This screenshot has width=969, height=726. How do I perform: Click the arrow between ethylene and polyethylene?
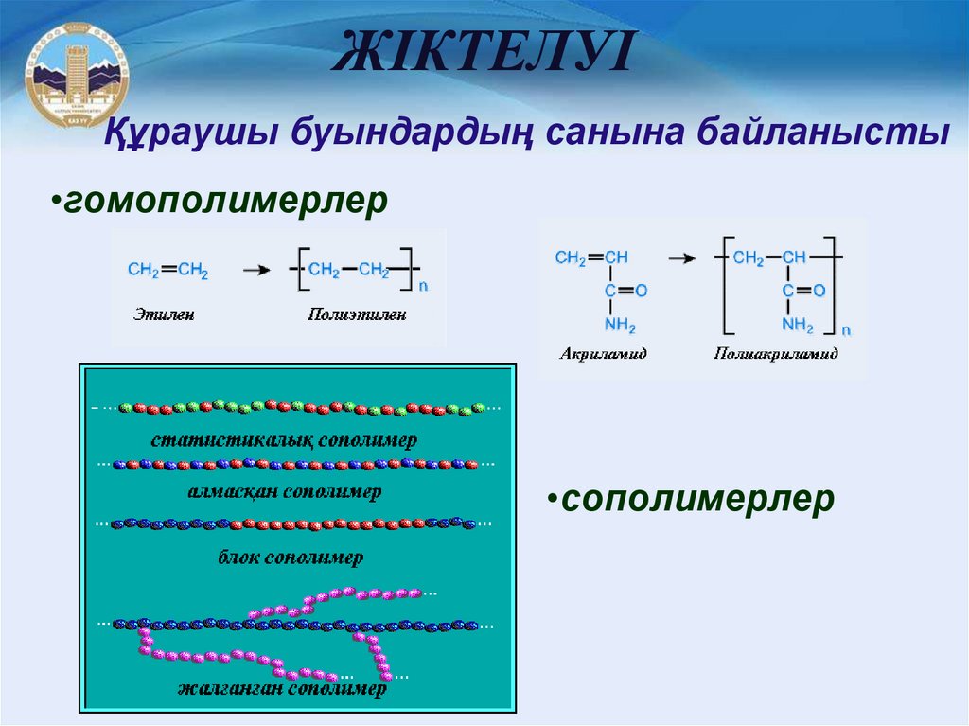pyautogui.click(x=253, y=271)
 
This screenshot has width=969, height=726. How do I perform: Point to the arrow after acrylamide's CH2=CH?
pyautogui.click(x=679, y=257)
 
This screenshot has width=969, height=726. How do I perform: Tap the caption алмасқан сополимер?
pyautogui.click(x=284, y=492)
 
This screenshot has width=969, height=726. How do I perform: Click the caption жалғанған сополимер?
pyautogui.click(x=283, y=689)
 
